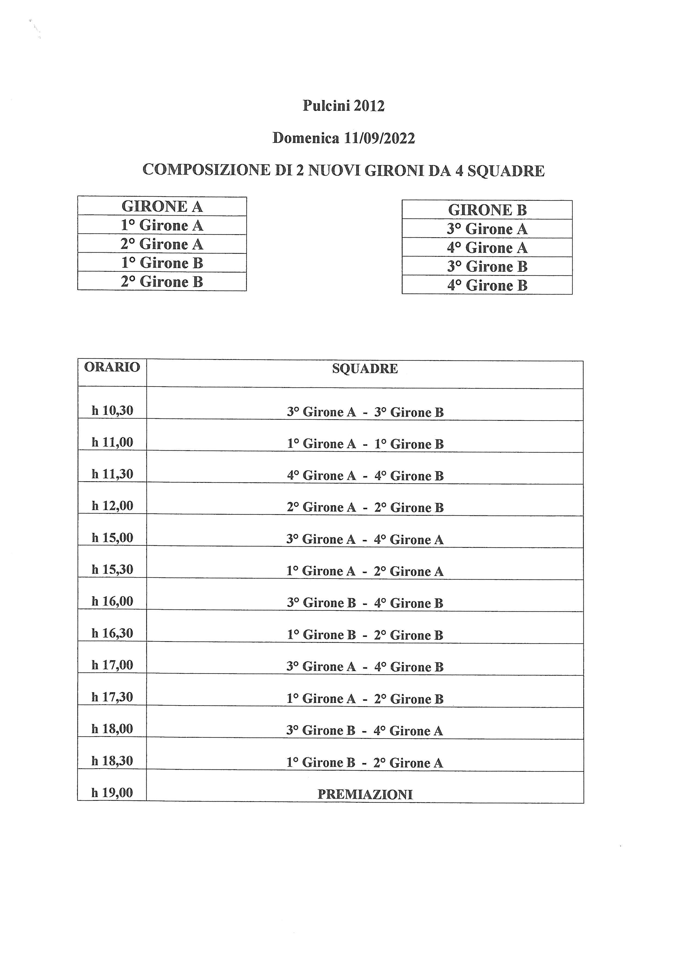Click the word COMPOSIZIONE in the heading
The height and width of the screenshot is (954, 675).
click(x=206, y=170)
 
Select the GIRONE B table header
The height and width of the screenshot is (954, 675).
click(x=487, y=210)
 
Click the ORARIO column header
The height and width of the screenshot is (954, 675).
click(x=112, y=367)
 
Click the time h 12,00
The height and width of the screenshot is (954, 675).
click(x=112, y=506)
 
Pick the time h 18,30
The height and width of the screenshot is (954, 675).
click(x=112, y=761)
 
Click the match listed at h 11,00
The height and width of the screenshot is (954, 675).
click(x=365, y=444)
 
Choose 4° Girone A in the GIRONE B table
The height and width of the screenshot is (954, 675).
click(x=487, y=248)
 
